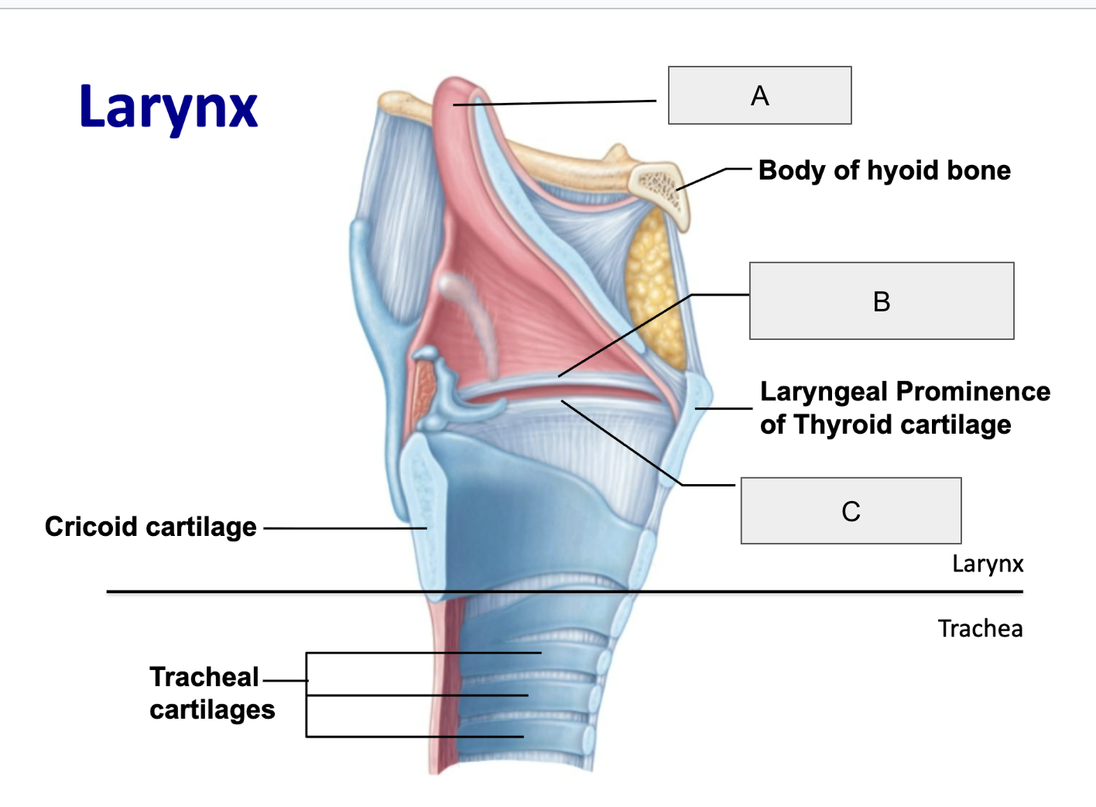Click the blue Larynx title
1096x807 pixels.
pyautogui.click(x=169, y=110)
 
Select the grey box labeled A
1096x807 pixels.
pyautogui.click(x=760, y=95)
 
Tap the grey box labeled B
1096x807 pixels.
pyautogui.click(x=882, y=300)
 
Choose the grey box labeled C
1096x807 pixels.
pyautogui.click(x=851, y=510)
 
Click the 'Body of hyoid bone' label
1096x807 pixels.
pyautogui.click(x=885, y=170)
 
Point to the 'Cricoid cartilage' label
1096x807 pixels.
pyautogui.click(x=151, y=527)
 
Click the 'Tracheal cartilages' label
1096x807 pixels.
pyautogui.click(x=212, y=693)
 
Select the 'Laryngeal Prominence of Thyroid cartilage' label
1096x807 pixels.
pyautogui.click(x=905, y=408)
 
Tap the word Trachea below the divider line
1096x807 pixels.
pyautogui.click(x=980, y=629)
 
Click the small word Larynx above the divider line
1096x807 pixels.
pyautogui.click(x=988, y=564)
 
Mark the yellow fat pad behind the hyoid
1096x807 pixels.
pyautogui.click(x=656, y=289)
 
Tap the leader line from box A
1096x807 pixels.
pyautogui.click(x=555, y=103)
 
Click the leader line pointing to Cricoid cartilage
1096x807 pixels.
pyautogui.click(x=345, y=528)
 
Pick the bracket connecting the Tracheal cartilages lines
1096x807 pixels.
pyautogui.click(x=307, y=695)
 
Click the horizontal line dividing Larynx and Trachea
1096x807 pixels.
pyautogui.click(x=565, y=592)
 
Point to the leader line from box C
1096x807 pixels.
pyautogui.click(x=649, y=443)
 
